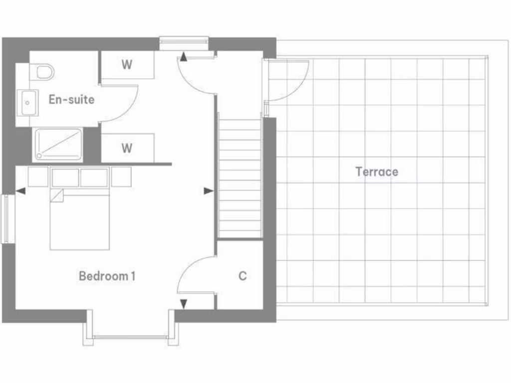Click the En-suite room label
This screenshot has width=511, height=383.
pyautogui.click(x=71, y=99)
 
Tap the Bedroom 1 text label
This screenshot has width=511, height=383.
pyautogui.click(x=107, y=276)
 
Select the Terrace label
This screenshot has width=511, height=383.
pyautogui.click(x=377, y=172)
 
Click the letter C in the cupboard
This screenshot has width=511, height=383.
pyautogui.click(x=243, y=276)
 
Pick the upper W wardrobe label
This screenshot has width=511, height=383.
pyautogui.click(x=127, y=65)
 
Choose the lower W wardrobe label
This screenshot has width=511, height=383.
pyautogui.click(x=127, y=148)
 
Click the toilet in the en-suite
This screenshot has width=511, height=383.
pyautogui.click(x=44, y=72)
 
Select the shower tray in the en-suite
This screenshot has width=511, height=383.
pyautogui.click(x=58, y=145)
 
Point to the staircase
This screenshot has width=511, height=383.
pyautogui.click(x=240, y=177)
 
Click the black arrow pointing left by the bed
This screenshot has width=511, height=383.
pyautogui.click(x=20, y=191)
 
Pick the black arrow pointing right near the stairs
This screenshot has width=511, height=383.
pyautogui.click(x=209, y=191)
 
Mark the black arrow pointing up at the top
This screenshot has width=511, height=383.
pyautogui.click(x=184, y=57)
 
